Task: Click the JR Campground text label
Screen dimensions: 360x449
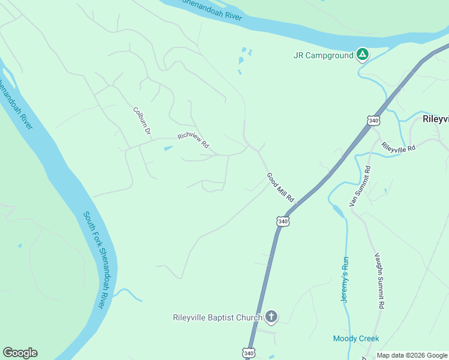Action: (x=322, y=55)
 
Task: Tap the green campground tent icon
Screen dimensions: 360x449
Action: (x=362, y=55)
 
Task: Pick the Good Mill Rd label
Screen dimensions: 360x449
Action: (x=280, y=187)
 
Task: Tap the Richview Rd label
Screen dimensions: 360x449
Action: (x=193, y=140)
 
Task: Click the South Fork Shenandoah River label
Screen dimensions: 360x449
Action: (x=98, y=259)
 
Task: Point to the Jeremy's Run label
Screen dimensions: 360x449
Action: (x=345, y=279)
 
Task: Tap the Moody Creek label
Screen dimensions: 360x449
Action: (x=356, y=338)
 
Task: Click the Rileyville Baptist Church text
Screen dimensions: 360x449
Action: (x=217, y=317)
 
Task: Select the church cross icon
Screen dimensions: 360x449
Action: (x=271, y=316)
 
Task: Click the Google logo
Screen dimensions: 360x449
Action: (x=20, y=353)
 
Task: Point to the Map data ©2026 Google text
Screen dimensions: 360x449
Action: (x=412, y=355)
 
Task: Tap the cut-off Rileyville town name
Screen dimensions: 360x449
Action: (x=435, y=119)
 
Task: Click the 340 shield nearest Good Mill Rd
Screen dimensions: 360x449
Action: (x=283, y=221)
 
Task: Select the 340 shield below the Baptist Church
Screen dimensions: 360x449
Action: (x=249, y=353)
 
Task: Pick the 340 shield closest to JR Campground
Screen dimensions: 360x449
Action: (x=374, y=120)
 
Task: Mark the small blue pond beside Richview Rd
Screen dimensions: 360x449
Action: (x=168, y=148)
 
